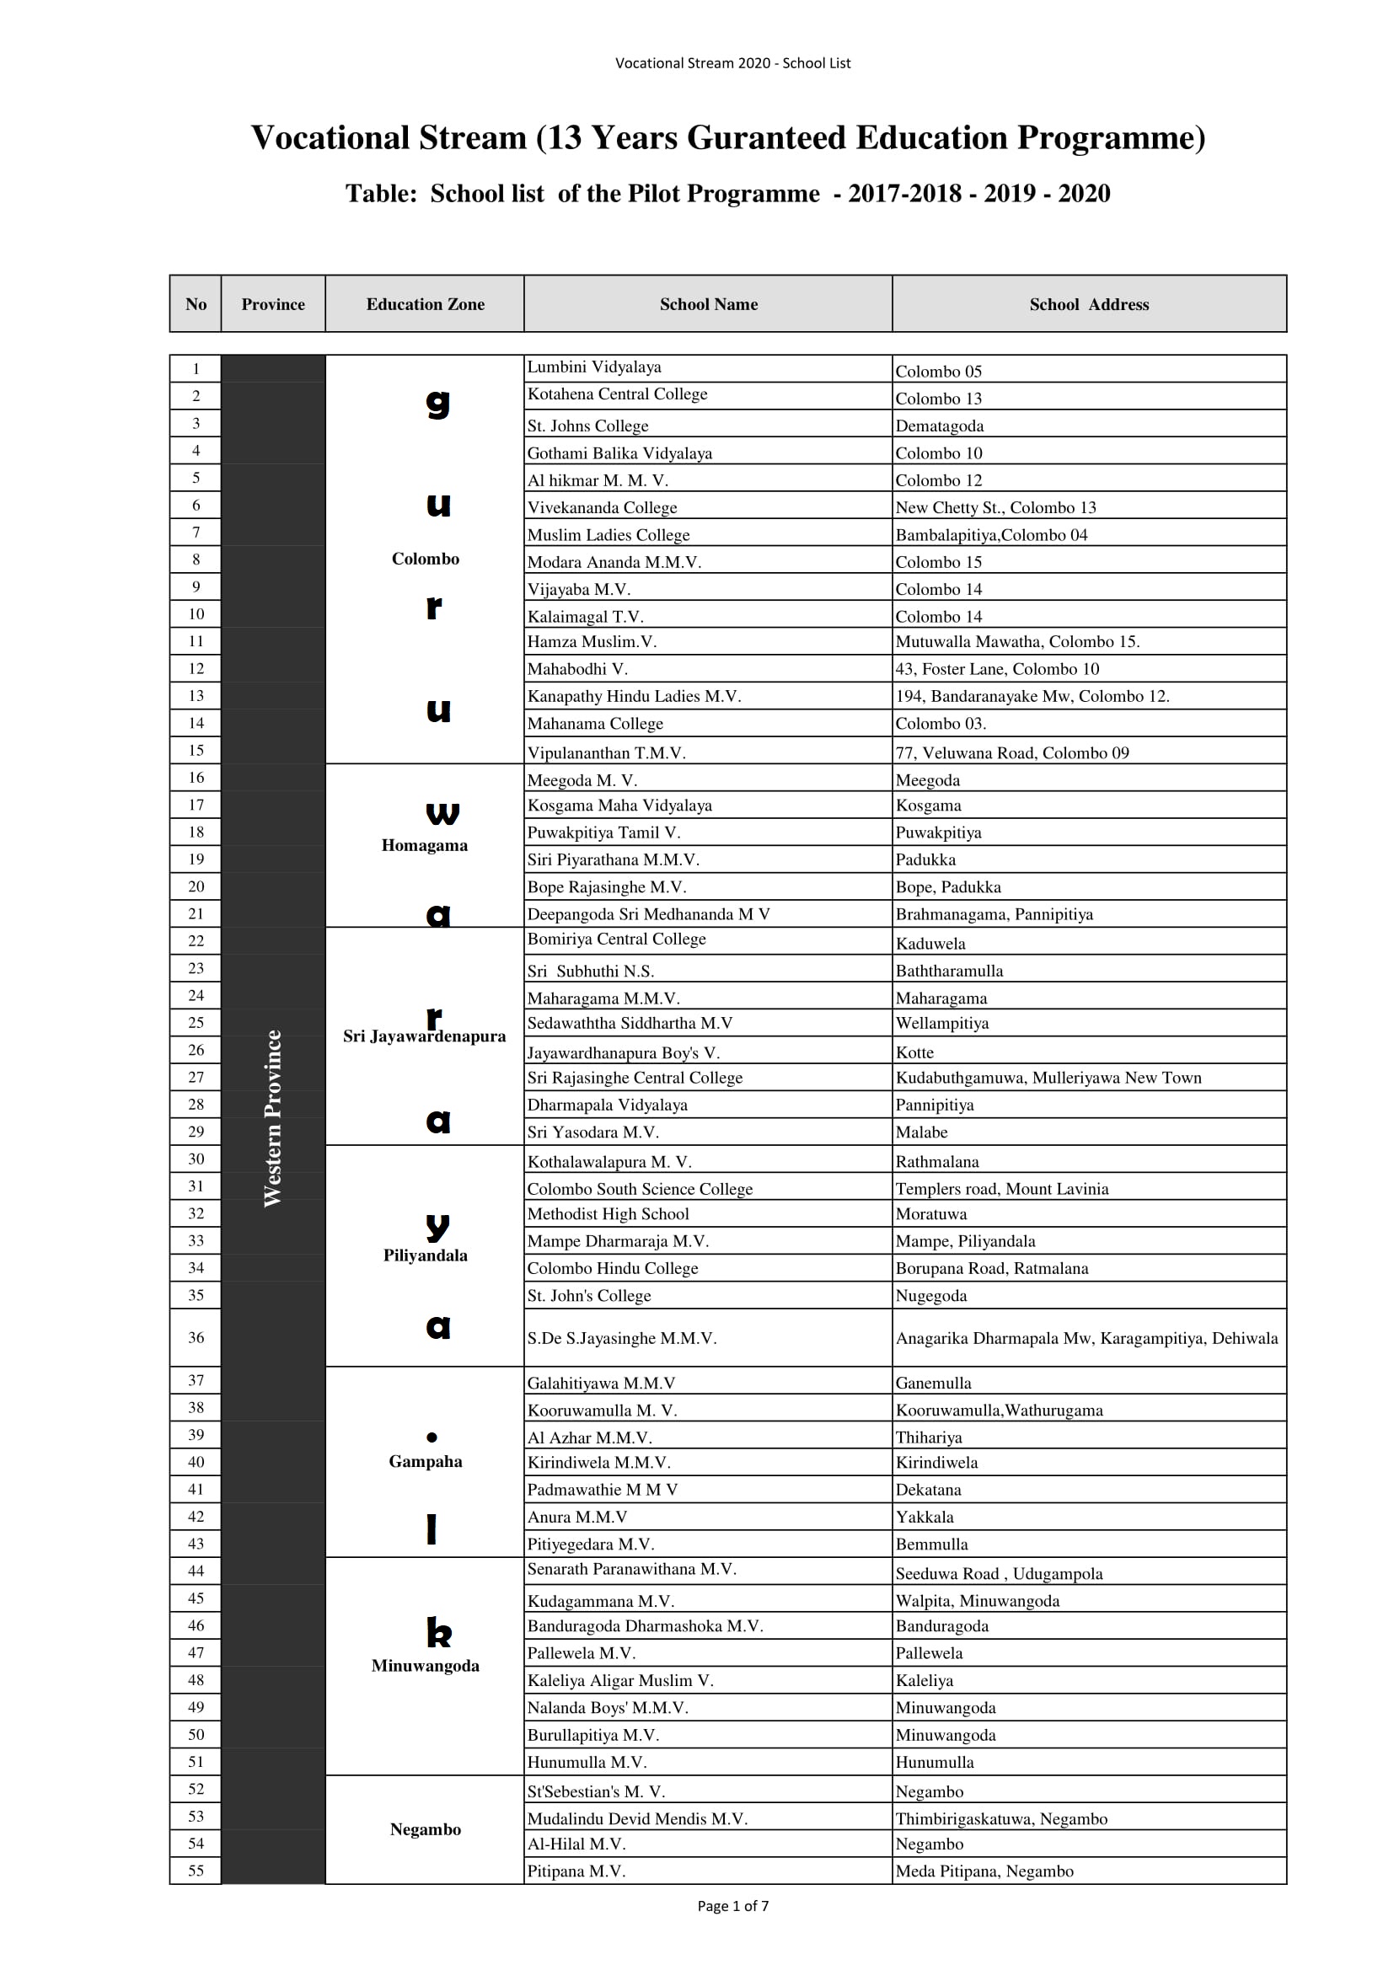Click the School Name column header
708,303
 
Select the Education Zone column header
425,303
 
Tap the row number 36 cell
196,1336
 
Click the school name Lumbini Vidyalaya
594,367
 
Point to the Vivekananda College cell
602,507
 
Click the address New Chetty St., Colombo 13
995,507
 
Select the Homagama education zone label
424,845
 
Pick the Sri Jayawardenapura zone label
424,1036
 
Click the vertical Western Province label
273,1118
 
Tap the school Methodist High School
608,1213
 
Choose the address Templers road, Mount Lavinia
1002,1188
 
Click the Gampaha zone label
425,1461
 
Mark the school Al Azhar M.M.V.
590,1437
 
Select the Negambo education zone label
425,1829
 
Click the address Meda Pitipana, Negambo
984,1871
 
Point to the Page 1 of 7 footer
732,1906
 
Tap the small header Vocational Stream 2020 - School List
732,62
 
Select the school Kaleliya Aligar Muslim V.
619,1680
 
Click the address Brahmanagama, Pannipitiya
994,913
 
